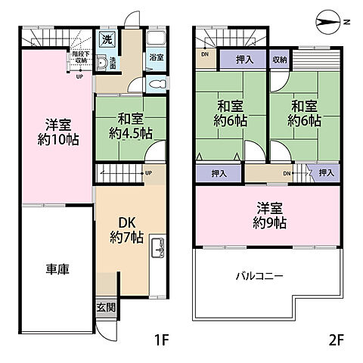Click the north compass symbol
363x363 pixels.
[330, 20]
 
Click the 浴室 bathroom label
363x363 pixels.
[156, 57]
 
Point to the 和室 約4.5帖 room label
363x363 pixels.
[130, 126]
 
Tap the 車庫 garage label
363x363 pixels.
[57, 269]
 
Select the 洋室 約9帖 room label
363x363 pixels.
[269, 216]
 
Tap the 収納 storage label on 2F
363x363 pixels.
[280, 57]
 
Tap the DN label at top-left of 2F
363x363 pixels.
[204, 54]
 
